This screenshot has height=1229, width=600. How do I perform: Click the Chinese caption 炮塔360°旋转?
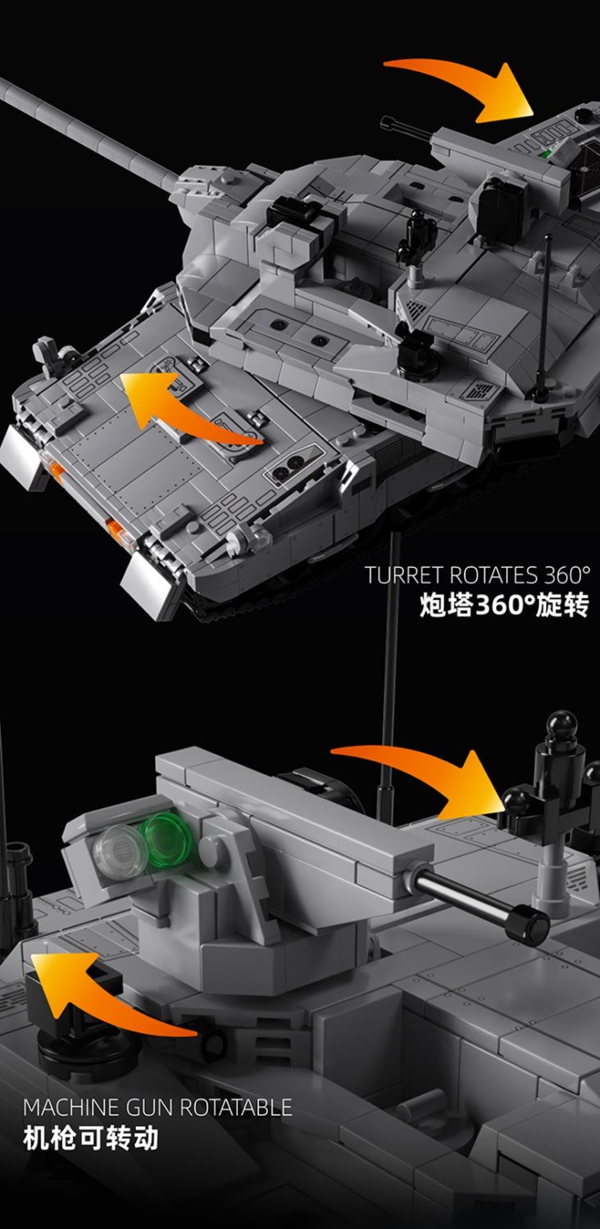click(503, 606)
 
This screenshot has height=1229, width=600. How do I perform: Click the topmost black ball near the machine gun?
click(561, 725)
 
